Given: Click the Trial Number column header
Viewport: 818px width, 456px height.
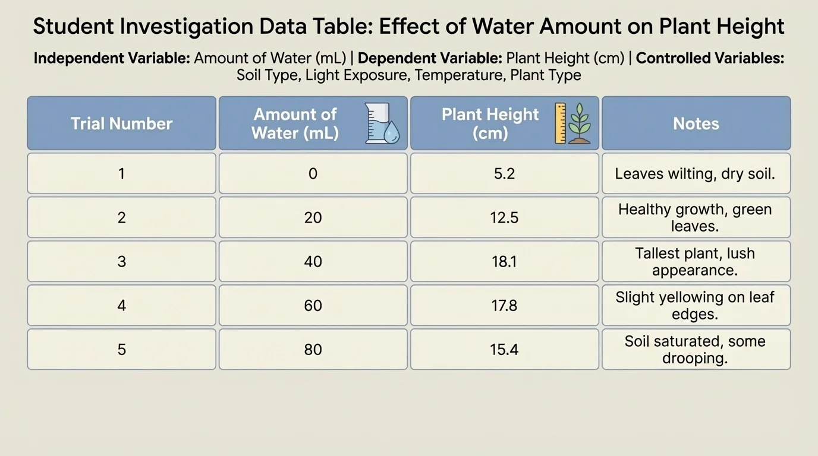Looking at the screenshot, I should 121,123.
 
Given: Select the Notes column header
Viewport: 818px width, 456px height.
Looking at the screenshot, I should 696,123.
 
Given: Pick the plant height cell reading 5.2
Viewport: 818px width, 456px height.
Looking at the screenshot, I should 504,173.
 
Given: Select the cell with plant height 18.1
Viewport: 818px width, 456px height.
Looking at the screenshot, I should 504,261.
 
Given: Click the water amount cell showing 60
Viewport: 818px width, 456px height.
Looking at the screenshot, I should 313,305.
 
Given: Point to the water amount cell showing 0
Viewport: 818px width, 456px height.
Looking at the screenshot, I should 313,173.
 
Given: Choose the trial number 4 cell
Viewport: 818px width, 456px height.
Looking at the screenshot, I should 121,305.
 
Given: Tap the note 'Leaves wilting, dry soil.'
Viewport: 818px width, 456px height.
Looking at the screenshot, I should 696,173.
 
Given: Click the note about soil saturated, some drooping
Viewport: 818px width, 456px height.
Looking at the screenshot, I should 696,349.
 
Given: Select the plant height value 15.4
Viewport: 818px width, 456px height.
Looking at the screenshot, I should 504,349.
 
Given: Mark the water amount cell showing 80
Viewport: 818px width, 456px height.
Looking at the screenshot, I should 313,349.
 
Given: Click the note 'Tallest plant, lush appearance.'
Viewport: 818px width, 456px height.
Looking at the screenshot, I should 696,261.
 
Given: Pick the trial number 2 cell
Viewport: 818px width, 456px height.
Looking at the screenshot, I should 121,217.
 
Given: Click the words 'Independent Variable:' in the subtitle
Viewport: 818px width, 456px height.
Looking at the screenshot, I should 112,58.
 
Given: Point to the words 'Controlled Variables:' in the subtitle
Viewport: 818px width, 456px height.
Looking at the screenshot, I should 710,58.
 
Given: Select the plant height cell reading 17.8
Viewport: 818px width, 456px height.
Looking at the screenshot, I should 504,305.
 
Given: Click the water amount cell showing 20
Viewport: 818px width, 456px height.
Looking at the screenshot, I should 313,217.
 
